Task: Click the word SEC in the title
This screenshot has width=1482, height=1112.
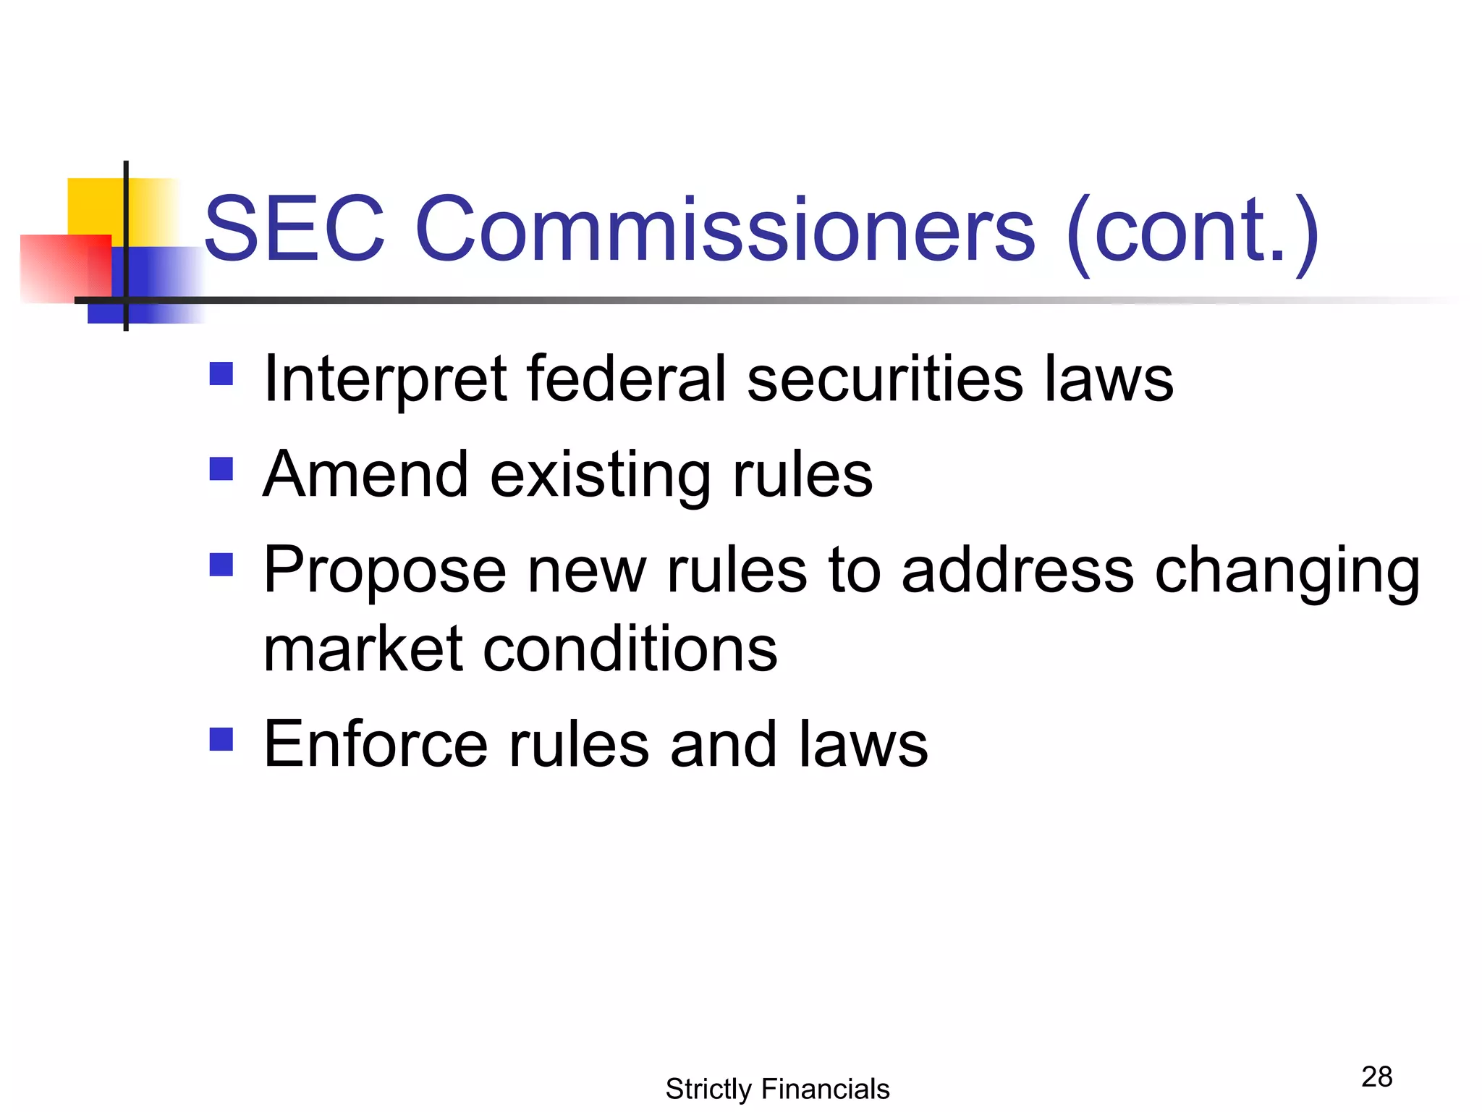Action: [294, 229]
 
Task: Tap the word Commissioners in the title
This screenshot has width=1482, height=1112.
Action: [725, 229]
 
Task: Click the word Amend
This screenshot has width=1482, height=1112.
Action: [365, 475]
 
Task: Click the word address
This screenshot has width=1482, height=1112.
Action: [1017, 570]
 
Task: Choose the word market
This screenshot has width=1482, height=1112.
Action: [363, 649]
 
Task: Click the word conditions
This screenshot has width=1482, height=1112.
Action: [630, 649]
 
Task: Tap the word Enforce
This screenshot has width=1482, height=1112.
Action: [376, 744]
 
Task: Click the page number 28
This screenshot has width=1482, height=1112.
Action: [1376, 1077]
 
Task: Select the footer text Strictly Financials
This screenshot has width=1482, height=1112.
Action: [777, 1089]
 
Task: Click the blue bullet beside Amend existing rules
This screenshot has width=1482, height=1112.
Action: [221, 469]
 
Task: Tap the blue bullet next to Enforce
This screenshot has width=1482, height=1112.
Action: [221, 739]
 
